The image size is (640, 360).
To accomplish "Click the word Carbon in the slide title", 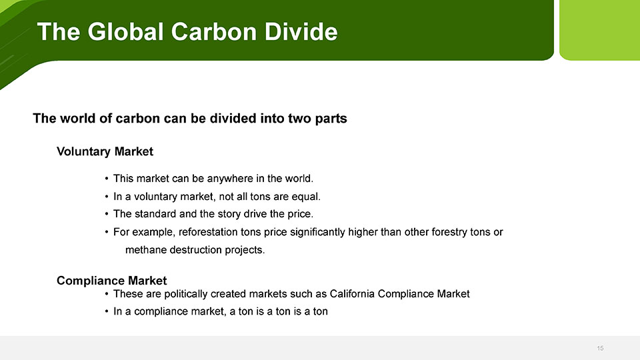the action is click(214, 31).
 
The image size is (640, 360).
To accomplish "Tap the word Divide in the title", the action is click(301, 31).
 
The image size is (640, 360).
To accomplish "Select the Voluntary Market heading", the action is click(105, 151).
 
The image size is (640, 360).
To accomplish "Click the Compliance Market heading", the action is click(111, 281).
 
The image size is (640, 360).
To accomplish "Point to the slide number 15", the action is click(600, 348).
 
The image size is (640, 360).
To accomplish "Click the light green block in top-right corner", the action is click(599, 30).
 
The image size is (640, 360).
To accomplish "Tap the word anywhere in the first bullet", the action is click(230, 179).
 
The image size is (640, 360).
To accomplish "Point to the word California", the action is click(352, 294).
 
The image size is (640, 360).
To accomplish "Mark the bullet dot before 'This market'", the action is click(107, 179).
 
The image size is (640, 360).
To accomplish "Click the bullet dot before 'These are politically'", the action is click(107, 294).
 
